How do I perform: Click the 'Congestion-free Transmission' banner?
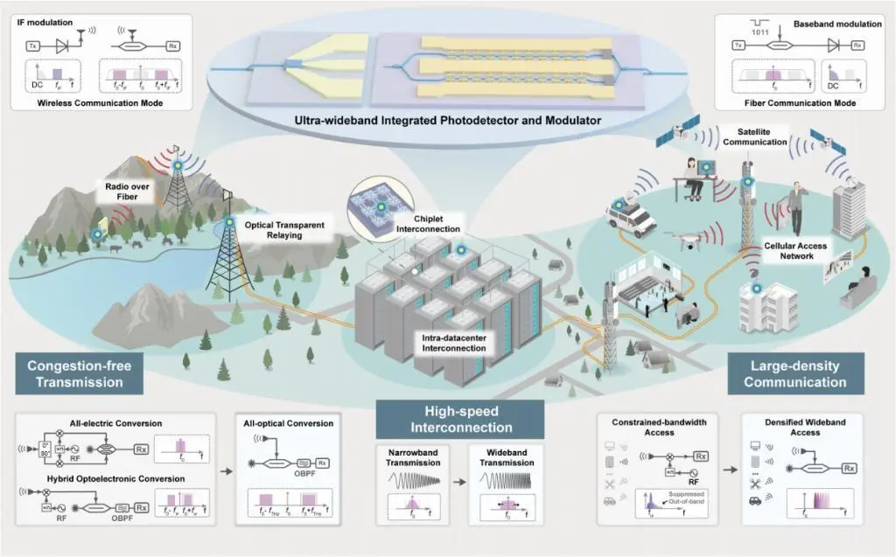(x=74, y=373)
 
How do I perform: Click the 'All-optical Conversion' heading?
(x=290, y=423)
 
